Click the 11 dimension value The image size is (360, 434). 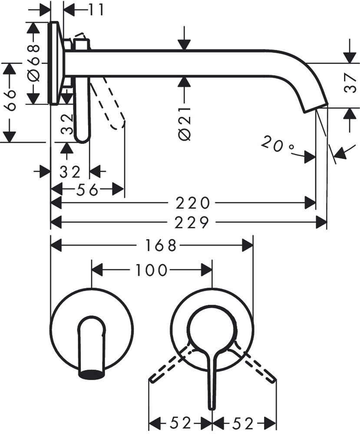[94, 9]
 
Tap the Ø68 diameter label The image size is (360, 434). [34, 63]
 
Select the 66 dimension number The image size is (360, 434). [12, 101]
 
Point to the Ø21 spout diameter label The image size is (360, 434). [185, 122]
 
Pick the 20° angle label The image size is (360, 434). [278, 144]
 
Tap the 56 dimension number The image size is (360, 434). [87, 189]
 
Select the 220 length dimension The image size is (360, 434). [193, 203]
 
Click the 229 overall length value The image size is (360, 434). [193, 223]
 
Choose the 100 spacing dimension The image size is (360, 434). [151, 270]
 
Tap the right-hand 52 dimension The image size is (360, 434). [243, 422]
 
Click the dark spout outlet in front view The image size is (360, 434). [92, 374]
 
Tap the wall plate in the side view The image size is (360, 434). [55, 63]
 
